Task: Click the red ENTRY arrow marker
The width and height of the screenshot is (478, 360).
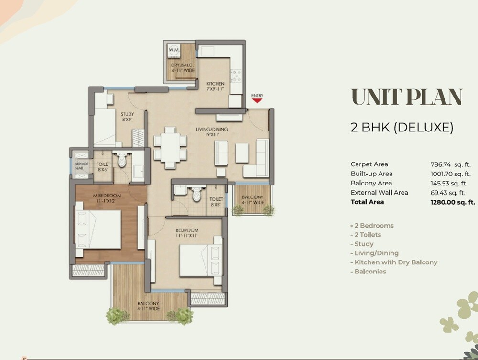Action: [x=257, y=100]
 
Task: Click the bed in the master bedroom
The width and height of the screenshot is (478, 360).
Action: [x=98, y=230]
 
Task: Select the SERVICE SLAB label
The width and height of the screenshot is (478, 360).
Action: [x=81, y=166]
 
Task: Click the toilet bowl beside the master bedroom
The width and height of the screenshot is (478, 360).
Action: [x=121, y=160]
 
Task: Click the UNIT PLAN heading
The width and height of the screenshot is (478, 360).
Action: [x=407, y=98]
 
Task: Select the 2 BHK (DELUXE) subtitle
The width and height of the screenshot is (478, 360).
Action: [x=402, y=127]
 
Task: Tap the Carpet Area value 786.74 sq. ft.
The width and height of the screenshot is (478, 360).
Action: [x=450, y=164]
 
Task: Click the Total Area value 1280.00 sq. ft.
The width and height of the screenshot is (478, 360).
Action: [x=452, y=202]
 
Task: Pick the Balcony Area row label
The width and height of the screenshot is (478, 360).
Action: [x=371, y=183]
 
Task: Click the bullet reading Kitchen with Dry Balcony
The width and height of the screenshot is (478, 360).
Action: [x=395, y=262]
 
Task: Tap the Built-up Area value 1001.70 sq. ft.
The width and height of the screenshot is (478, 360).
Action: [x=450, y=174]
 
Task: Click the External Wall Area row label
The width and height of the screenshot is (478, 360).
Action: [x=379, y=193]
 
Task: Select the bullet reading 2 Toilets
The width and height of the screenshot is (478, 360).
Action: [x=368, y=235]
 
